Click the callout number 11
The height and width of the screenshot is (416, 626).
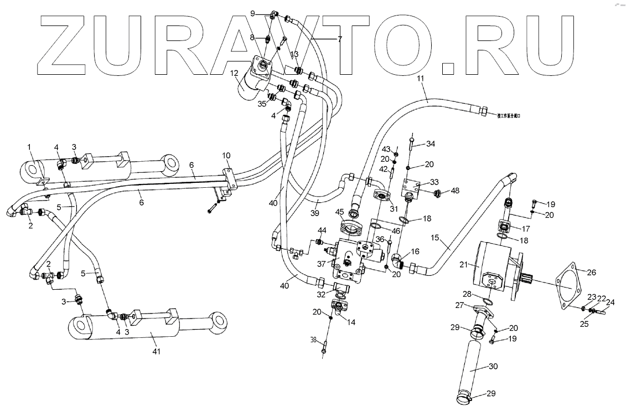point(421,80)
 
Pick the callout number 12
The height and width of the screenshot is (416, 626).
point(235,73)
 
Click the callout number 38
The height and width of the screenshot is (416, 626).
point(313,340)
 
